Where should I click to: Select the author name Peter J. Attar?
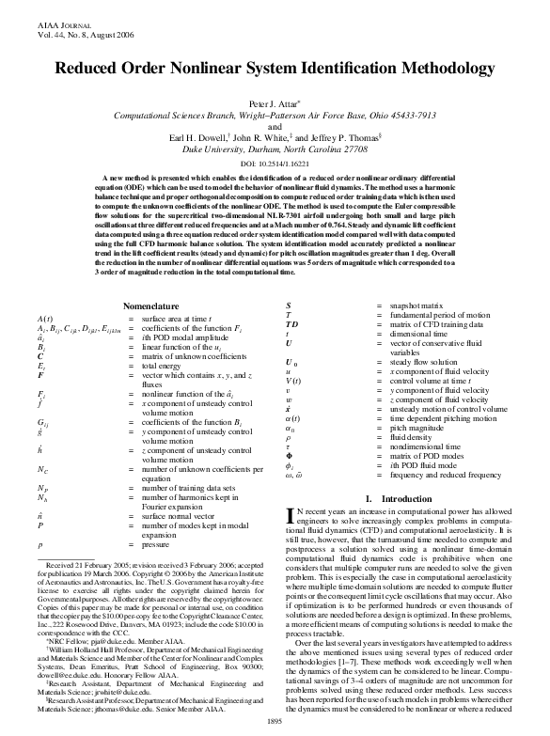point(273,102)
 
